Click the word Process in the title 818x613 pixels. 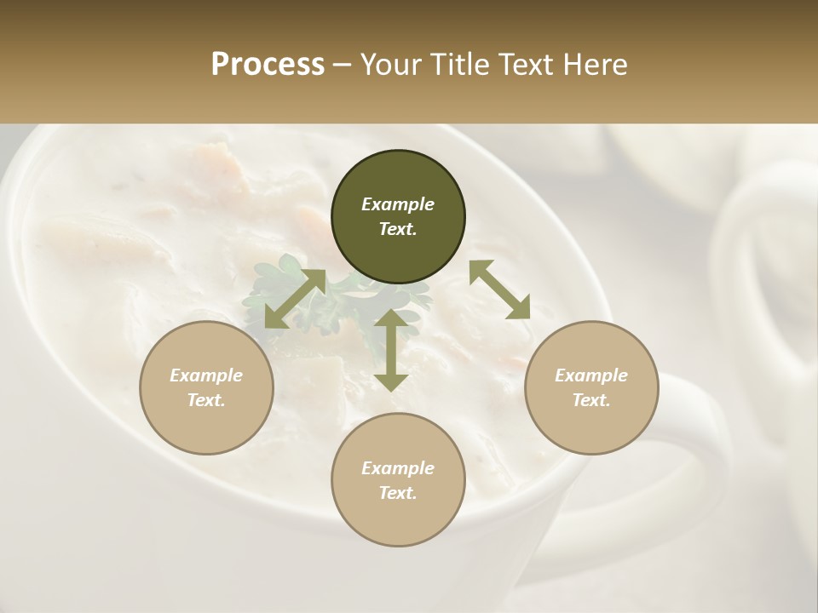coord(268,65)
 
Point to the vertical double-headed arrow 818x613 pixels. coord(391,350)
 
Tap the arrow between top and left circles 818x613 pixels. coord(295,299)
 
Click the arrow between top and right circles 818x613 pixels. coord(499,289)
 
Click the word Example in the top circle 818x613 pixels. coord(398,204)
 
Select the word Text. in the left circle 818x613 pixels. coord(206,400)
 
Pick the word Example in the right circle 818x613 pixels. coord(590,375)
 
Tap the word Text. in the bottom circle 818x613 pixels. coord(398,493)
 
